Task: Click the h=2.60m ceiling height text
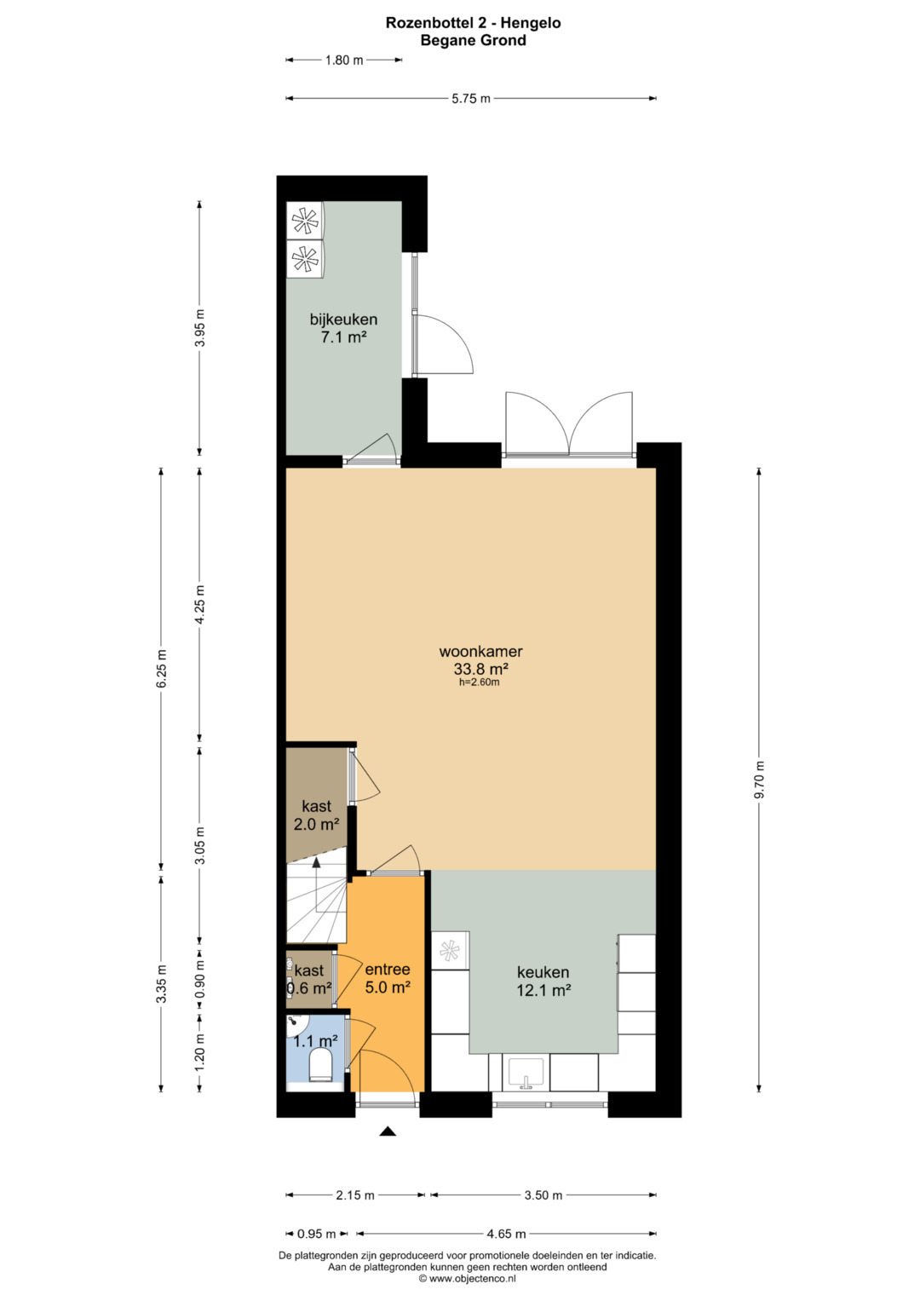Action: click(x=479, y=682)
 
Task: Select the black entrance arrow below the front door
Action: click(x=388, y=1131)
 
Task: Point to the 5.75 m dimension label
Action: click(x=471, y=99)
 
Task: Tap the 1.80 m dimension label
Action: click(x=344, y=60)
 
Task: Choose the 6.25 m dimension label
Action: click(x=162, y=669)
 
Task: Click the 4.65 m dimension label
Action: click(x=507, y=1235)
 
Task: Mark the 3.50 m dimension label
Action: click(x=543, y=1195)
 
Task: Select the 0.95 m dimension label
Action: click(x=317, y=1235)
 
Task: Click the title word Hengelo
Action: click(x=531, y=23)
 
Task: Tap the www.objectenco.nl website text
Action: click(x=472, y=1278)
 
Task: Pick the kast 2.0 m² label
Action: click(x=317, y=815)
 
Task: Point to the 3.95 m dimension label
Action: click(x=200, y=328)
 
